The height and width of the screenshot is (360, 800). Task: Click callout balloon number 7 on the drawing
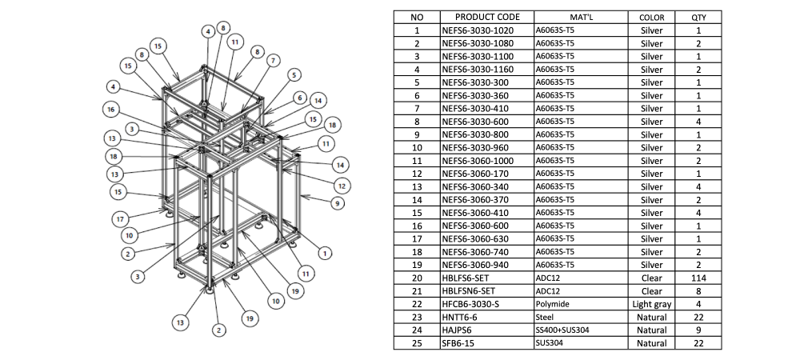tap(274, 60)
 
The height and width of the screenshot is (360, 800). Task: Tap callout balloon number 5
tap(294, 75)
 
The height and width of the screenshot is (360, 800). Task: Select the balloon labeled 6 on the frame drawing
tap(300, 98)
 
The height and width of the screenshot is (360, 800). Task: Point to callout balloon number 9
tap(338, 203)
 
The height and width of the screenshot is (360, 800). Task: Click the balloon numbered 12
tap(342, 186)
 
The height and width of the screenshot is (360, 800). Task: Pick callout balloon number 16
tap(111, 109)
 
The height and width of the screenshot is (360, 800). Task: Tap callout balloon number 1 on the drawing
tap(324, 253)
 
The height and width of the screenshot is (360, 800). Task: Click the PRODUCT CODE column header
tap(487, 17)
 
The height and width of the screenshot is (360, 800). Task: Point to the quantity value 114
tap(698, 278)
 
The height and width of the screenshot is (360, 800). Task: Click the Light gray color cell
tap(652, 304)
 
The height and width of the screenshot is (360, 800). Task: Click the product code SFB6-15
tap(462, 343)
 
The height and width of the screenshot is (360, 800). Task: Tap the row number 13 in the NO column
tap(417, 186)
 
